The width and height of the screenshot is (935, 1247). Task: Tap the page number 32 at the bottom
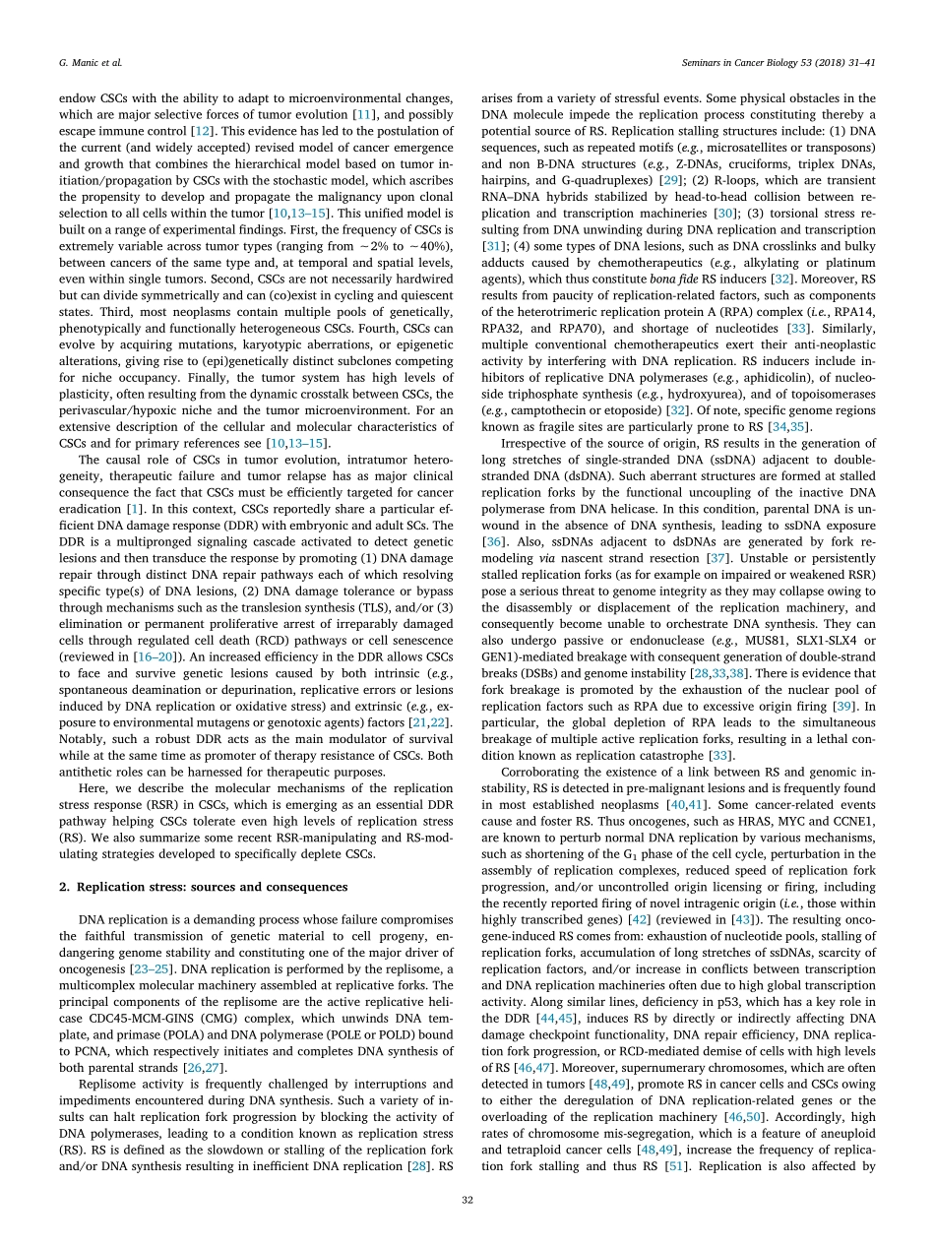tap(467, 1200)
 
